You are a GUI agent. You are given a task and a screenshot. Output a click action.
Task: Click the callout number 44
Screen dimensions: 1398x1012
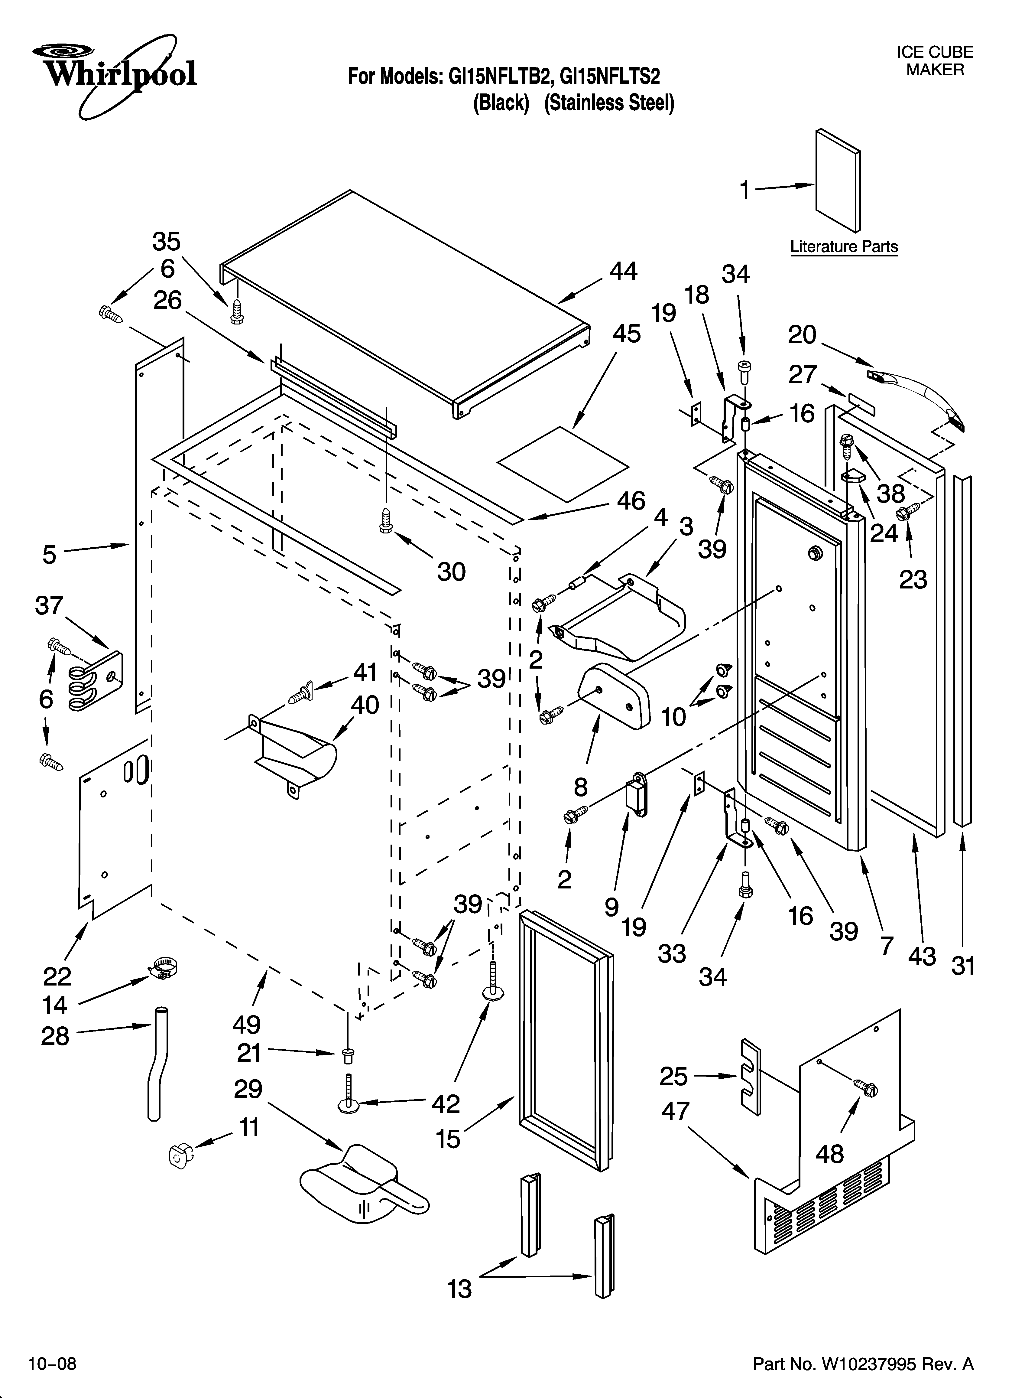[x=623, y=272]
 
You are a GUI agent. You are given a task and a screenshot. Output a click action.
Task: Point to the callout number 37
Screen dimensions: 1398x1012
[x=49, y=605]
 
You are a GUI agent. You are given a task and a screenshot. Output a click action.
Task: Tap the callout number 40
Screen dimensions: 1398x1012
[x=365, y=705]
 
